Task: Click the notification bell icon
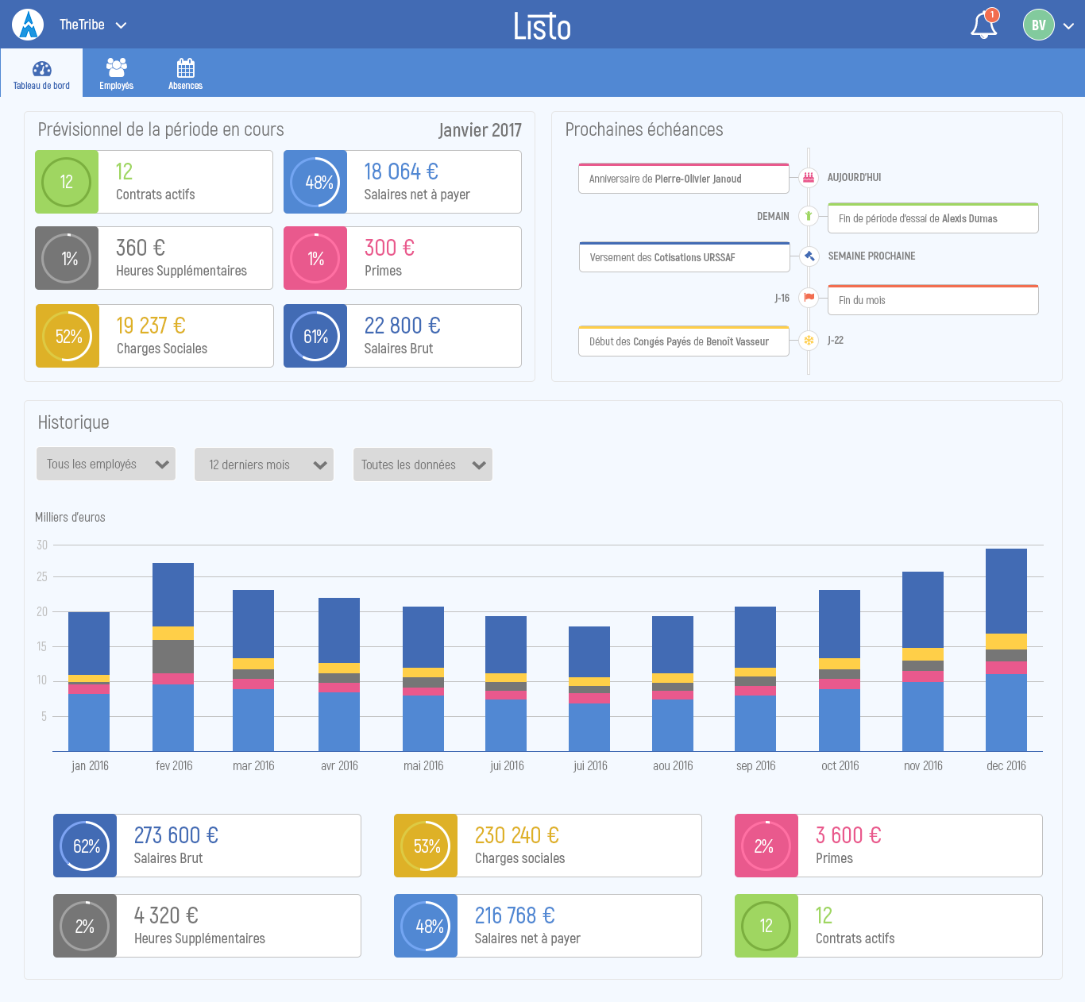[x=983, y=25]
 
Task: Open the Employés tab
[x=116, y=73]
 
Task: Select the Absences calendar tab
[x=185, y=73]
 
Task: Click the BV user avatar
[x=1038, y=25]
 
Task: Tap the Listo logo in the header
[x=542, y=25]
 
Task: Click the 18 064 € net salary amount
[x=401, y=171]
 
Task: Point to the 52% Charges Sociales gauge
[x=68, y=337]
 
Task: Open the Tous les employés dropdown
[x=106, y=464]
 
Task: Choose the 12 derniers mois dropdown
[x=264, y=465]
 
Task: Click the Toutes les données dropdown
[x=423, y=465]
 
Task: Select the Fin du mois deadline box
[x=932, y=300]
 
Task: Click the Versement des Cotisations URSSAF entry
[x=684, y=257]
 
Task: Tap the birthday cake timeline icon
[x=809, y=178]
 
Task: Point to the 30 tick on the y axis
[x=42, y=545]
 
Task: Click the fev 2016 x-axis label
[x=174, y=766]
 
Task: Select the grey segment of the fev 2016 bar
[x=173, y=657]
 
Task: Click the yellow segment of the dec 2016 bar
[x=1006, y=642]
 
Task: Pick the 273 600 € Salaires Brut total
[x=176, y=835]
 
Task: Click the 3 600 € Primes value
[x=848, y=835]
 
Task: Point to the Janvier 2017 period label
[x=480, y=130]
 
